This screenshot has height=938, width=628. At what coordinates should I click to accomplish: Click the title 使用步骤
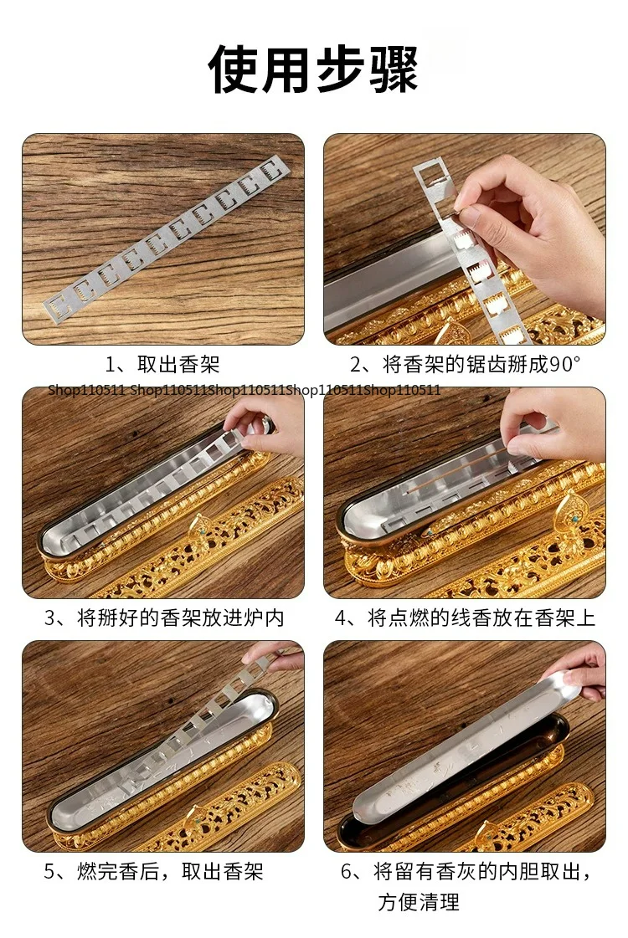click(313, 69)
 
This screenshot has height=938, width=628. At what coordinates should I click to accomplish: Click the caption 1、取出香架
click(162, 364)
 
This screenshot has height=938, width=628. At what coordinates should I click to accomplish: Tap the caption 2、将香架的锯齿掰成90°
click(465, 364)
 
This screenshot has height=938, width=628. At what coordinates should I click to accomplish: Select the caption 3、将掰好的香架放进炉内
click(163, 618)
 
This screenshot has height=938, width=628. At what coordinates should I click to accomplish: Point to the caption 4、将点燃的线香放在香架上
click(465, 618)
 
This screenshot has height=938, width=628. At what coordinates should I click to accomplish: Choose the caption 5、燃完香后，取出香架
click(153, 872)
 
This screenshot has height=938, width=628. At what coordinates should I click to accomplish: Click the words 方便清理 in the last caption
click(419, 901)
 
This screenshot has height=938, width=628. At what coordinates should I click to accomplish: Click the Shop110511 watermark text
click(245, 390)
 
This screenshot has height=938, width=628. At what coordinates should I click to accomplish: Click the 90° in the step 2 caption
click(565, 364)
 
